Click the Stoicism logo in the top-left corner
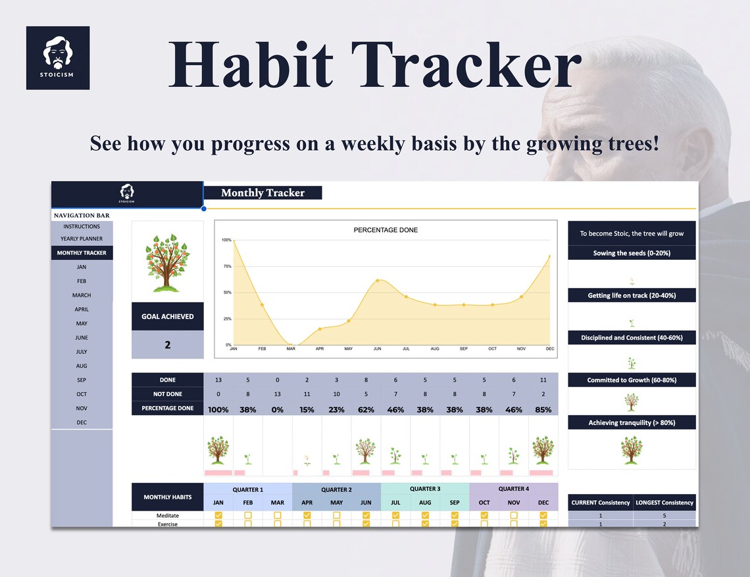(58, 58)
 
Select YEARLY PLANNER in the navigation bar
(82, 239)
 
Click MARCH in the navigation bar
(82, 295)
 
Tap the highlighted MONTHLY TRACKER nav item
(82, 253)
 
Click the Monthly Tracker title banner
(262, 193)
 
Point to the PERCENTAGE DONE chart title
(386, 230)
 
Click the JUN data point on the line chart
(377, 280)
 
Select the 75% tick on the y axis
(226, 266)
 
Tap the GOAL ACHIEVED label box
(167, 316)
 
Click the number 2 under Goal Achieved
(167, 345)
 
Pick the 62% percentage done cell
(366, 409)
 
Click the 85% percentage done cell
(543, 409)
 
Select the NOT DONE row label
(167, 394)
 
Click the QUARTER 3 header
(424, 489)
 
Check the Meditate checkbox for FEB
(248, 516)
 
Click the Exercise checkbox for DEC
(543, 524)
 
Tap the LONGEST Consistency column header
(664, 503)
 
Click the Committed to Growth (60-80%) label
(632, 380)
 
